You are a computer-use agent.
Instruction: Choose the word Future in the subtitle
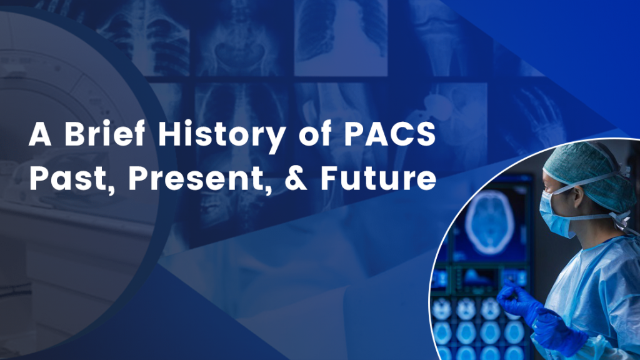(378, 178)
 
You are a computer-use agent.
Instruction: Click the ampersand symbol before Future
(296, 178)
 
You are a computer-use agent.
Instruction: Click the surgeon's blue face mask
(555, 214)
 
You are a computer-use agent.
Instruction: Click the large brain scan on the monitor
(489, 221)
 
